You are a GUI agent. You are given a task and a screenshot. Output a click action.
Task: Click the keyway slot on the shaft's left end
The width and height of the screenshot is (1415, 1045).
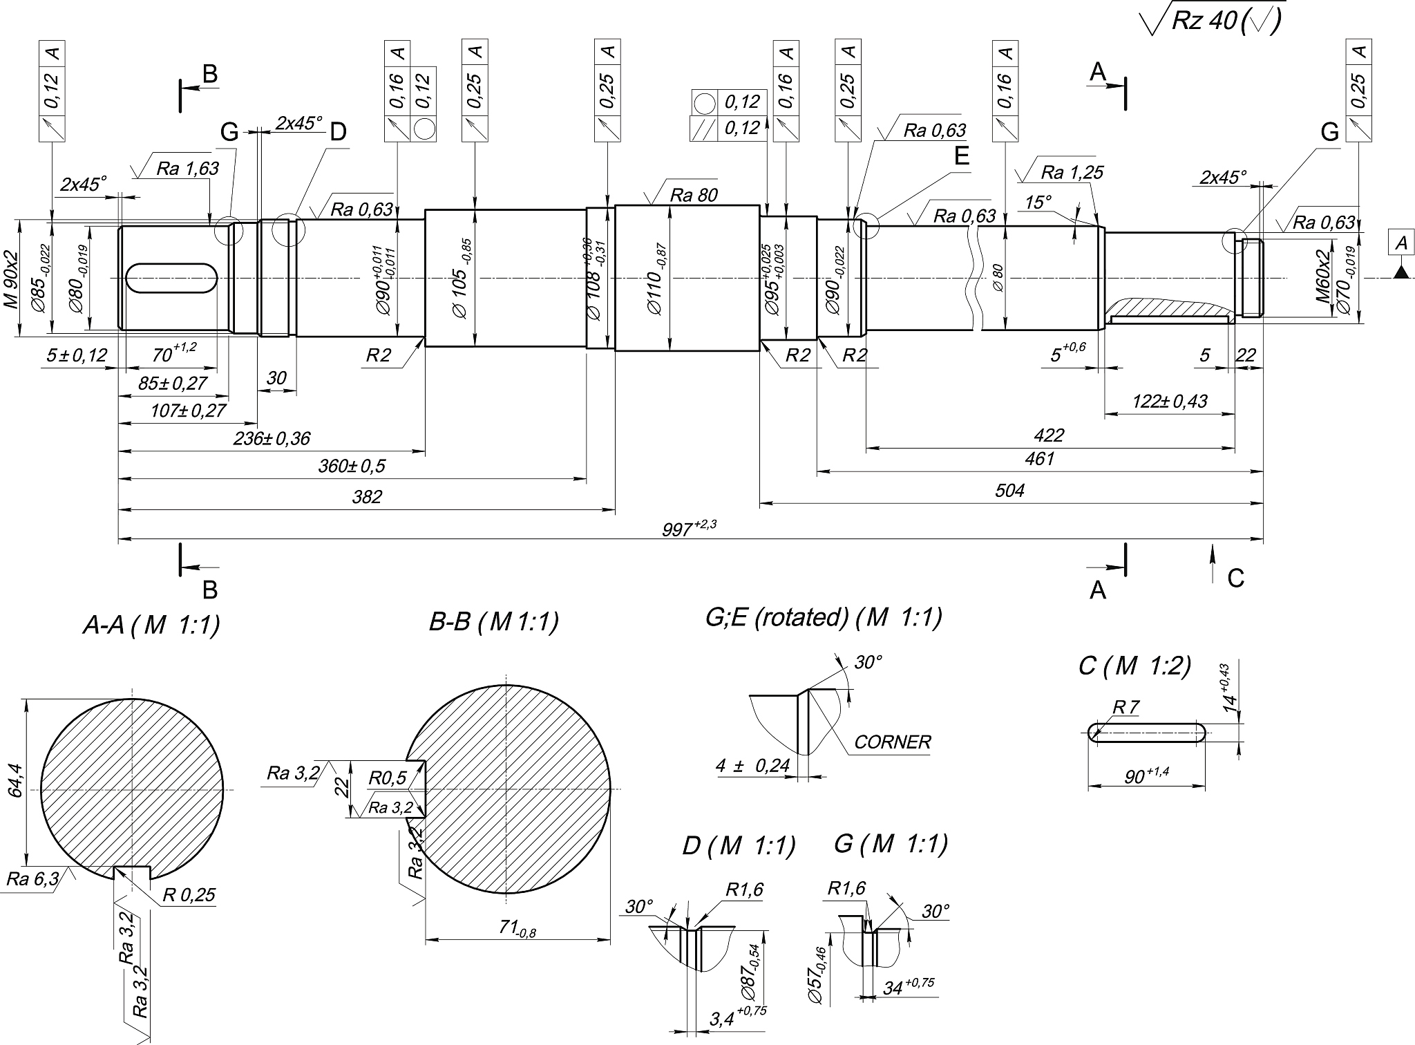[x=172, y=278]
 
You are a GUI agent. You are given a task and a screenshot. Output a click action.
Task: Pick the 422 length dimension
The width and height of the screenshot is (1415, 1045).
[x=1049, y=435]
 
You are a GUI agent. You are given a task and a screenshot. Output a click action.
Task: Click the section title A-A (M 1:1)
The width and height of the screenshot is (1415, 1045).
[x=151, y=625]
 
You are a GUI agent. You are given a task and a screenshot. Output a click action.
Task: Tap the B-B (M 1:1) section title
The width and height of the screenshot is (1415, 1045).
[x=493, y=622]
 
